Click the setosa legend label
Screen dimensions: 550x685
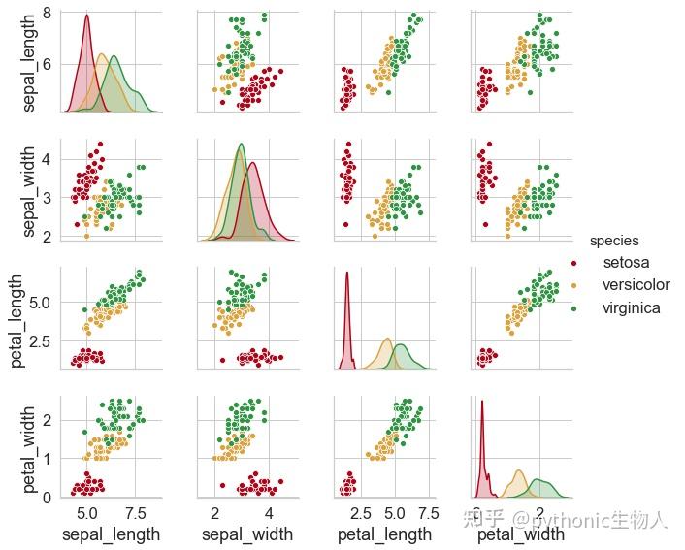coord(626,263)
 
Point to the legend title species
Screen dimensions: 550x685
coord(614,241)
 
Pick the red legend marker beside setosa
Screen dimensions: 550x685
coord(574,264)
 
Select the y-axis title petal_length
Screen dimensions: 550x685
coord(17,320)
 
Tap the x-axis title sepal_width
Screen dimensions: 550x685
coord(247,534)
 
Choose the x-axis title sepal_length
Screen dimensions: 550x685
coord(111,534)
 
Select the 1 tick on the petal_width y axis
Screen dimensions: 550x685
coord(48,459)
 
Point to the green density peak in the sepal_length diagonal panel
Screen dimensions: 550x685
coord(114,57)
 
